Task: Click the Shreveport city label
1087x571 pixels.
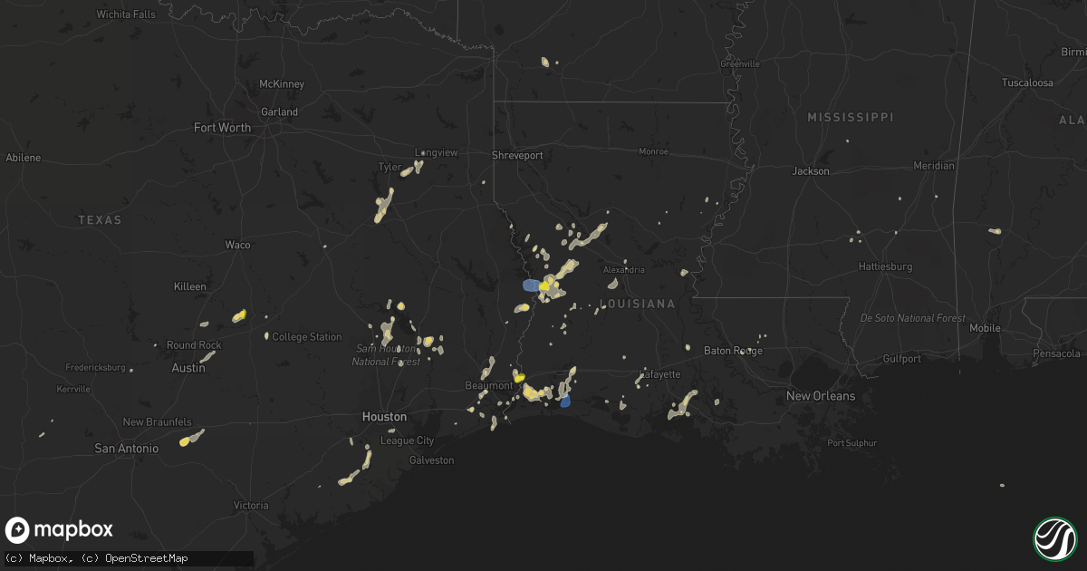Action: (517, 155)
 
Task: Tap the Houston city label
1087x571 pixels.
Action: (384, 417)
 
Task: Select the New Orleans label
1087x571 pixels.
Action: (821, 396)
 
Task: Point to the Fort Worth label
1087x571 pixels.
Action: (222, 128)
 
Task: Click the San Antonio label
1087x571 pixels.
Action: (127, 449)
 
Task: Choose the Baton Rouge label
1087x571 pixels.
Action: (733, 351)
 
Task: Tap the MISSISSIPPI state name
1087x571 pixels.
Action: (850, 118)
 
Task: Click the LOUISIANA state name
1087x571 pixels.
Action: (638, 304)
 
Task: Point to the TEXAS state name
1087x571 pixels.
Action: (100, 220)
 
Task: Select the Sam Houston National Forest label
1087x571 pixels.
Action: (386, 355)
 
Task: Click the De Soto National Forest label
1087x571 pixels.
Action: (912, 318)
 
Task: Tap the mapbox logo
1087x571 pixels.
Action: (60, 530)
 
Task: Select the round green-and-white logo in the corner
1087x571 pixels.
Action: (1054, 538)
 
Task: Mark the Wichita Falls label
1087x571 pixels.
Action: (128, 15)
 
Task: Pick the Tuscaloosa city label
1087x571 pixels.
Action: (1027, 82)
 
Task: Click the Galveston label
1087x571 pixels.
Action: (431, 460)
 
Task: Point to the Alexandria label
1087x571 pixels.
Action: (624, 270)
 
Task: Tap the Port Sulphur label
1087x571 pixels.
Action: (850, 443)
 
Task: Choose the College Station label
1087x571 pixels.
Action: (307, 337)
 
